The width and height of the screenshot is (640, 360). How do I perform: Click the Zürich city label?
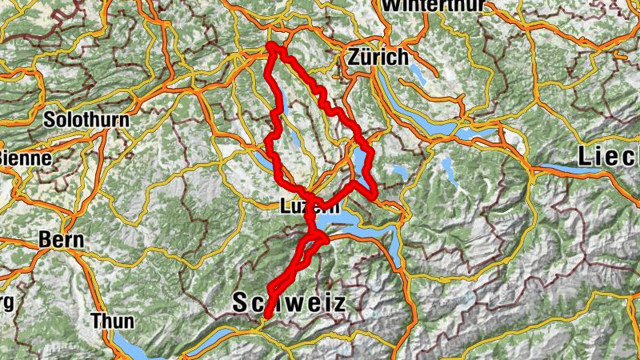378,58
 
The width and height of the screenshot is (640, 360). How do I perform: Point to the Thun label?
112,320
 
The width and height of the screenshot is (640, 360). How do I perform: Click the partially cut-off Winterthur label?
434,5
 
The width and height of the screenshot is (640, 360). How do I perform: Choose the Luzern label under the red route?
309,206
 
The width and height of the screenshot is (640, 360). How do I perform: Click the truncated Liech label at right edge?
609,156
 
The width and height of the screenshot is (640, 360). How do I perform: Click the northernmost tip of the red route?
273,46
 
